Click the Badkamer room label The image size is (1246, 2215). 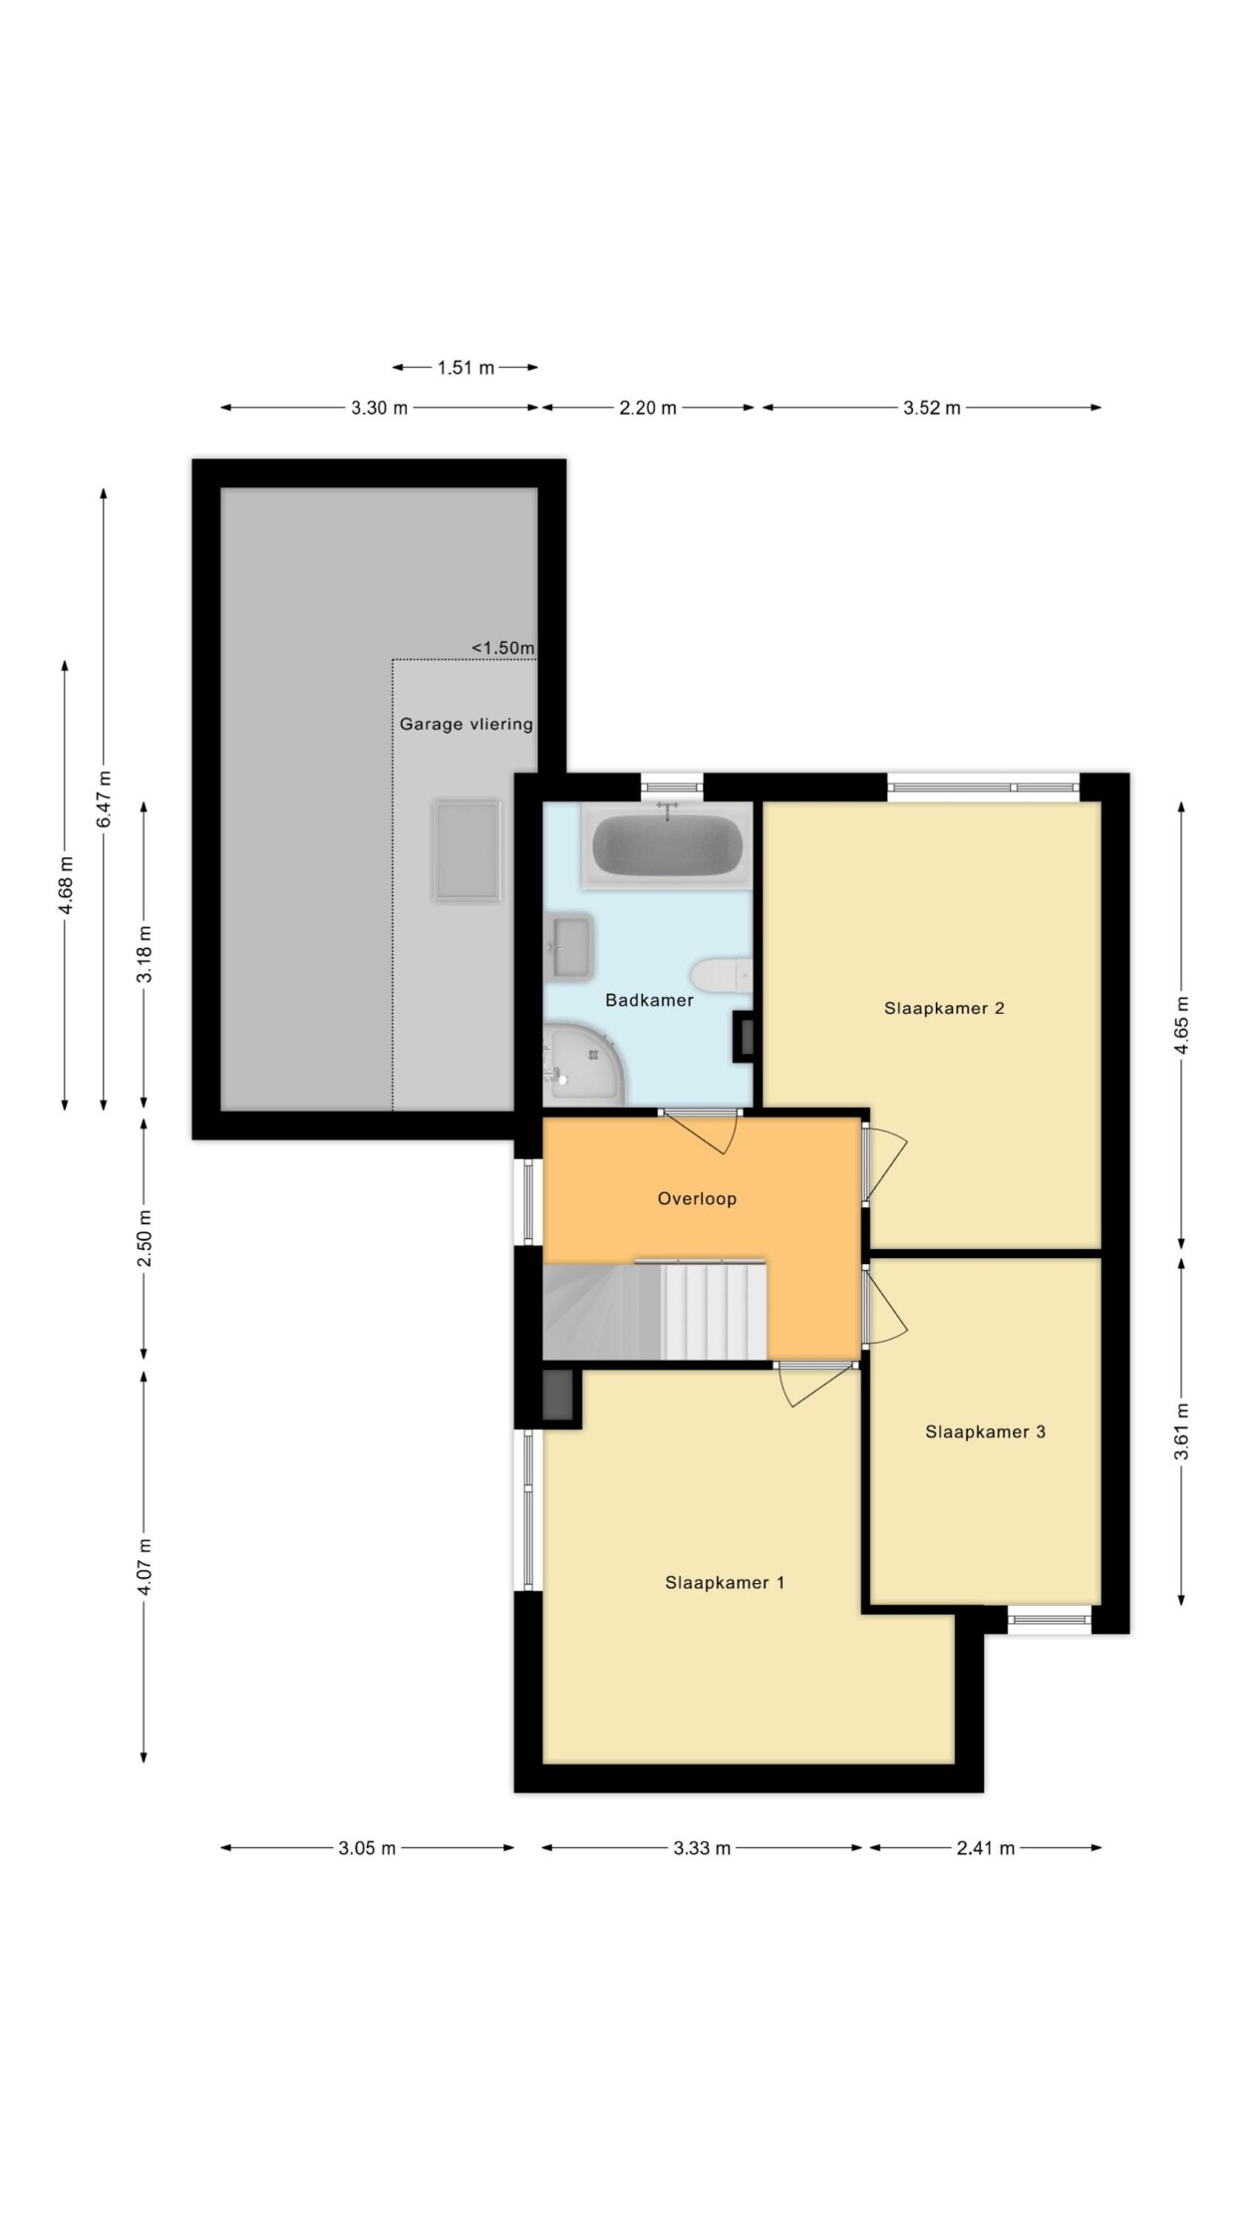(649, 1000)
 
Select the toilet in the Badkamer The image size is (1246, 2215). (722, 975)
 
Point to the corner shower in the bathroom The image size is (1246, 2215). (584, 1065)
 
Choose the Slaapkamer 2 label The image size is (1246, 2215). (944, 1008)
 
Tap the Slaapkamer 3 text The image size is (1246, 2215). (985, 1431)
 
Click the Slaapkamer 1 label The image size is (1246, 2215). (725, 1582)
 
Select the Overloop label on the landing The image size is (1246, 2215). (697, 1198)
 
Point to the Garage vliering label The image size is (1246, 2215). (467, 724)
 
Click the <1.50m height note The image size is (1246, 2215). (503, 648)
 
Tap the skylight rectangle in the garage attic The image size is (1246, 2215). (467, 850)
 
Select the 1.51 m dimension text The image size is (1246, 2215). (466, 368)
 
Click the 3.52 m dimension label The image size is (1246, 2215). (932, 408)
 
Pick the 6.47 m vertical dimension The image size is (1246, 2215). (104, 798)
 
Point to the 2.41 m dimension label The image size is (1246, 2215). (986, 1848)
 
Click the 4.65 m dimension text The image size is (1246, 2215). (1181, 1026)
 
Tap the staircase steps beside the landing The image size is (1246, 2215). (714, 1310)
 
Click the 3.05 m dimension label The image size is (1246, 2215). (367, 1848)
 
